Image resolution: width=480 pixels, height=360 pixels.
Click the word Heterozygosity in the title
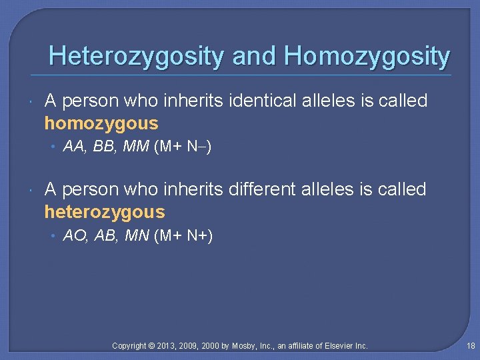(135, 56)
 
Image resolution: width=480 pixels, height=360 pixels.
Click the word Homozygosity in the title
(367, 56)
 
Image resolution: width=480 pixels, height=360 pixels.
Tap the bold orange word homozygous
(101, 123)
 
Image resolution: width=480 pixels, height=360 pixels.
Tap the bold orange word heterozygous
(104, 212)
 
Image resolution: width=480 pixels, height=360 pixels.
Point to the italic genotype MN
(137, 235)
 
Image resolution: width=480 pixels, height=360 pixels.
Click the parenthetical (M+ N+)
(183, 235)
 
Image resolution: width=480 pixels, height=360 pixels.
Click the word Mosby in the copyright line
(247, 346)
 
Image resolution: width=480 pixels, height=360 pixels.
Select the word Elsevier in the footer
(339, 346)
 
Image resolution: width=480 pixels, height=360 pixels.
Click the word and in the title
(254, 56)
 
